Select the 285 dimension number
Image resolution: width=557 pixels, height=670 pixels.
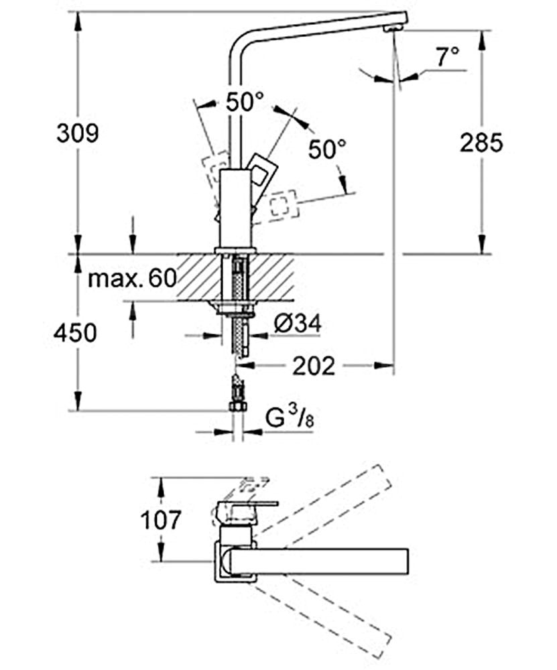tap(481, 142)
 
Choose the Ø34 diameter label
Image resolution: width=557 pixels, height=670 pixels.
tap(298, 324)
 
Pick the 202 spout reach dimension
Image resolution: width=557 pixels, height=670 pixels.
tap(313, 366)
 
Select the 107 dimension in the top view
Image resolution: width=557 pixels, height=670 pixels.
tap(162, 519)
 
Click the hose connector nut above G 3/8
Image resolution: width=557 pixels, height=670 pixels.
tap(235, 405)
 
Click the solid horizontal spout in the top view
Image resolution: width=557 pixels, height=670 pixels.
tap(322, 559)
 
